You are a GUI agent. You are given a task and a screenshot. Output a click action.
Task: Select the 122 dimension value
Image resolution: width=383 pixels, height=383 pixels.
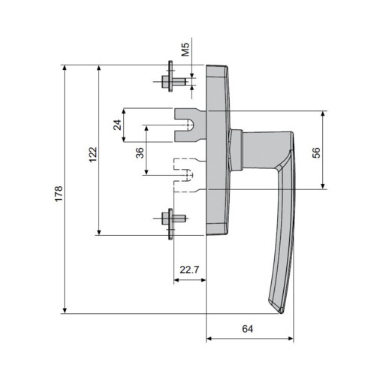tap(92, 154)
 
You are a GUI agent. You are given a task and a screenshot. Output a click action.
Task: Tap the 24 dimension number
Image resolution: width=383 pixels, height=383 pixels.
tap(118, 125)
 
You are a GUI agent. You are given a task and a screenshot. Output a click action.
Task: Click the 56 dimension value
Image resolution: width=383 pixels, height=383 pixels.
tap(316, 152)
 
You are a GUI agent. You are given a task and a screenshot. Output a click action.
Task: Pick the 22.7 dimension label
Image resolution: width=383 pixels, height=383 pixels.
tap(188, 269)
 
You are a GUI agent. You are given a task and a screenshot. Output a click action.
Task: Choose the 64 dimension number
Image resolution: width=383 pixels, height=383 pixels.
tap(249, 328)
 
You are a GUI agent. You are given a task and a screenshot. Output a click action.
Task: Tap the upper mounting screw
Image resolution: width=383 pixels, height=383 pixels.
tap(172, 82)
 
